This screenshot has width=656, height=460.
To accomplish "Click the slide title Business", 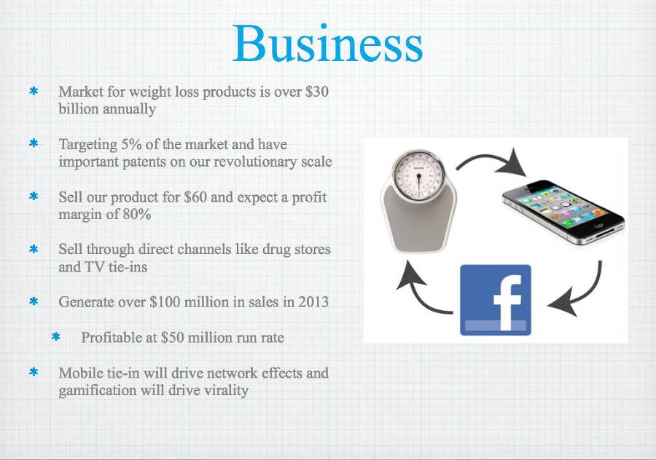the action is coord(327,44).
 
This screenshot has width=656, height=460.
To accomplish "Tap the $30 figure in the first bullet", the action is coord(317,92).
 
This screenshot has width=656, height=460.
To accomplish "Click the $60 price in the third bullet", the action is coord(195,197).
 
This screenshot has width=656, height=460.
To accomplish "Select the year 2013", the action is coord(313,301).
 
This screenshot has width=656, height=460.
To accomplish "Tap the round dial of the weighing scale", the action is coord(418,174).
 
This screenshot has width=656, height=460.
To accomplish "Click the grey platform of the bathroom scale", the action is coord(418,223).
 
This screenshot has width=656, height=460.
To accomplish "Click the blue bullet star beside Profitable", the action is coord(55,337).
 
